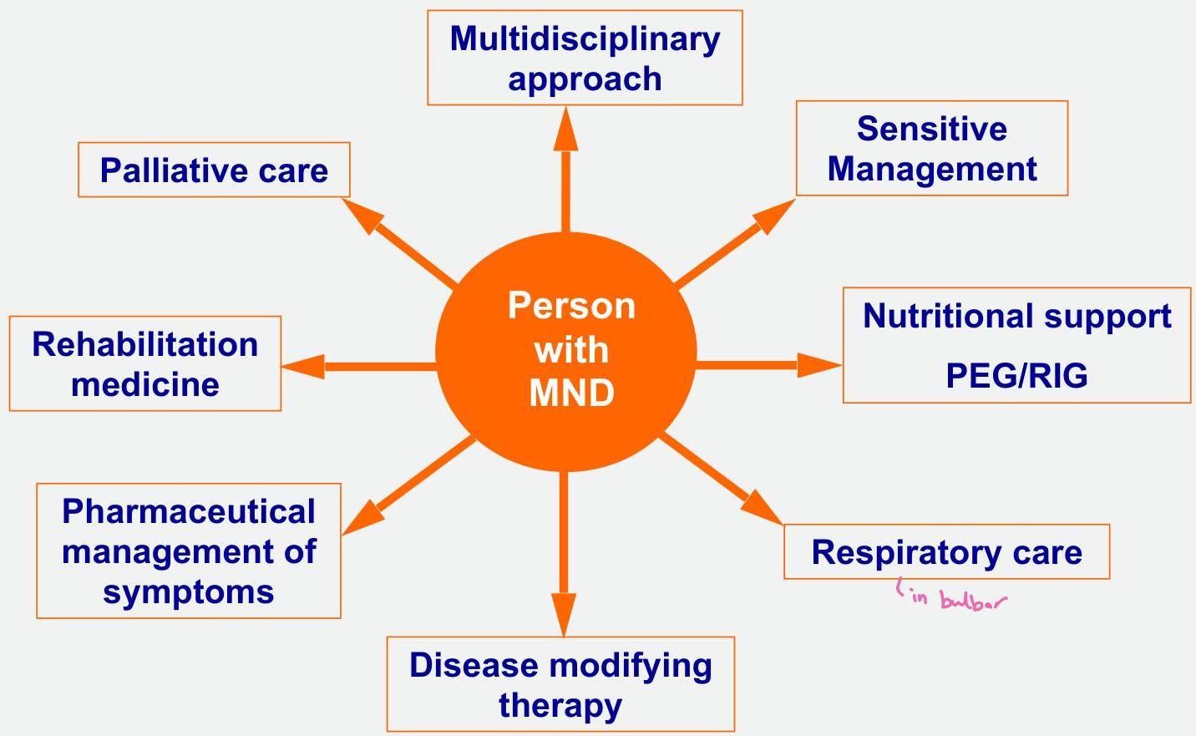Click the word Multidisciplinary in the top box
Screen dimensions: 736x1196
point(585,39)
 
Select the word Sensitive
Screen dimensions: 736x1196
point(931,129)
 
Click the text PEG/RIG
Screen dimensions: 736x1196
point(1016,376)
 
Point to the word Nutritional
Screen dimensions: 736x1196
point(935,317)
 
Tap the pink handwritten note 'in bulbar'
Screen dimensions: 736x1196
point(952,598)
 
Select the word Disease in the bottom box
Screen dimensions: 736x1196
point(473,665)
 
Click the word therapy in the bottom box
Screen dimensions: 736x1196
point(560,705)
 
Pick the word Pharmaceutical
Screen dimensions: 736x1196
point(189,511)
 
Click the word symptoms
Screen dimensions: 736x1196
point(189,592)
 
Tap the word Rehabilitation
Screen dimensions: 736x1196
point(144,344)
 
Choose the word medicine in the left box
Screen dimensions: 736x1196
point(144,384)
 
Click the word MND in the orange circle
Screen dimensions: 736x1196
point(572,393)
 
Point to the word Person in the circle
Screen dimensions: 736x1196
point(572,306)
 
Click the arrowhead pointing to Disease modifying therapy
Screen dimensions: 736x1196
point(565,614)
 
